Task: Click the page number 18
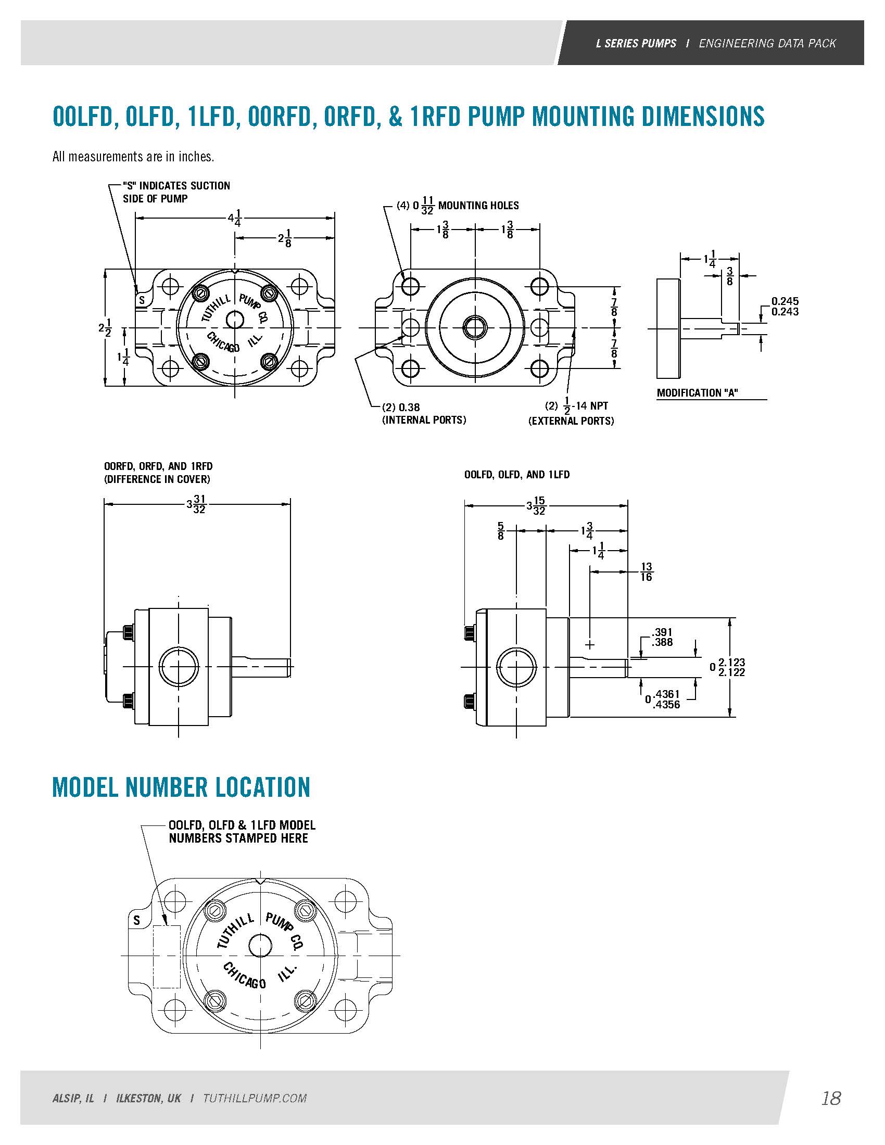coord(831,1098)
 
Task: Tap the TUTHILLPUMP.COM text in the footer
coord(255,1098)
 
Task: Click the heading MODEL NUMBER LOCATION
coord(181,787)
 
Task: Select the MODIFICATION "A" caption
coord(697,392)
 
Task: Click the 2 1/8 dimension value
coord(285,238)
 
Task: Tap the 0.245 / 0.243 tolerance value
coord(785,306)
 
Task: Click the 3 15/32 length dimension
coord(536,505)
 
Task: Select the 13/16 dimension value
coord(646,571)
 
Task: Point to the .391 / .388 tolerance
coord(662,637)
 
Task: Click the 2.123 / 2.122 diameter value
coord(731,667)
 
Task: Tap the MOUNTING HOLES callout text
coord(478,206)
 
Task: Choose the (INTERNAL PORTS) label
coord(424,420)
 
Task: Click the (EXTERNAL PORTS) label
coord(571,421)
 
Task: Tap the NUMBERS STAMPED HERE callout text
coord(238,838)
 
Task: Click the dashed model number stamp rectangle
coord(167,957)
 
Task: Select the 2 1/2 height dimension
coord(105,328)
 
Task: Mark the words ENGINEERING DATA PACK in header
coord(767,43)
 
